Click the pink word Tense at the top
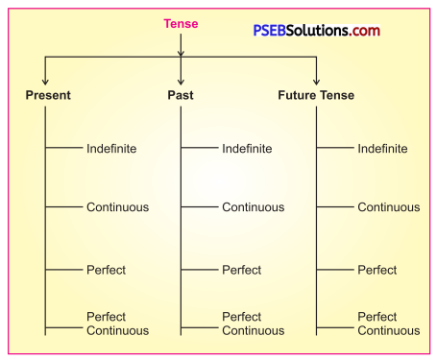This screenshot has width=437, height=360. tap(181, 24)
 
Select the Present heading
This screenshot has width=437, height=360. tap(48, 96)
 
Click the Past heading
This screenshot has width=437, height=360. tap(181, 96)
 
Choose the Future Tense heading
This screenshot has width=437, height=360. tap(316, 96)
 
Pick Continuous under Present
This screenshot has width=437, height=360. tap(118, 207)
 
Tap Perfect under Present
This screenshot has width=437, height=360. tap(106, 271)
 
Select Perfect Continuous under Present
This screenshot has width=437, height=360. tap(117, 324)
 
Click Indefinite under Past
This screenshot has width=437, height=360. tap(247, 149)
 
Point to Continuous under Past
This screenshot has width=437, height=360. tap(254, 207)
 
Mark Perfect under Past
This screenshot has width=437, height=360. tap(241, 271)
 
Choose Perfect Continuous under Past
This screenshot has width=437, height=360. tap(253, 324)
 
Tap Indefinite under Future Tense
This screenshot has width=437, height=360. tap(382, 149)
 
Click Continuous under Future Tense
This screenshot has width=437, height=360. tap(389, 207)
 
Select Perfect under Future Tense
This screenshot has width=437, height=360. tap(377, 271)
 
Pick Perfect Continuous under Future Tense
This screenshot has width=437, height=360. tap(388, 324)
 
